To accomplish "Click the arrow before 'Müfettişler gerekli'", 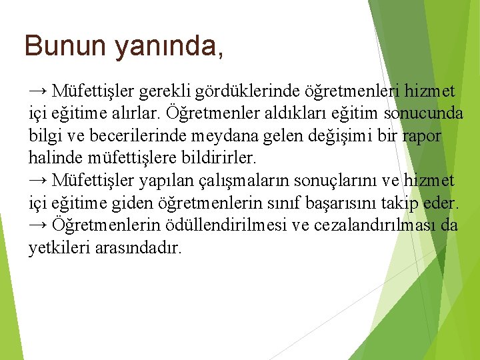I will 38,90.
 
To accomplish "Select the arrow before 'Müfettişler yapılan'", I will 38,180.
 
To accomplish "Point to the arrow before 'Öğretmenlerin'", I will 38,225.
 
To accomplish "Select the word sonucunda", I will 422,113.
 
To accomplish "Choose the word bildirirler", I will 217,158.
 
